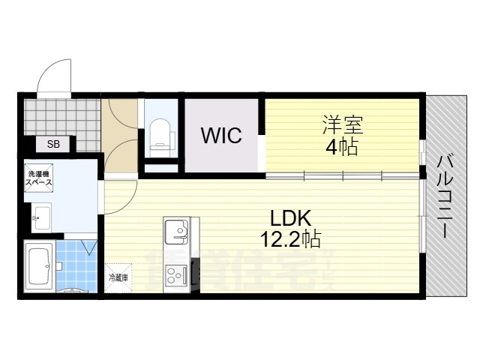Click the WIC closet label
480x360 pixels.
[x=221, y=136]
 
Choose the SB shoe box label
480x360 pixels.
[x=55, y=144]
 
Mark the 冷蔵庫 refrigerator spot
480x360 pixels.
[x=118, y=277]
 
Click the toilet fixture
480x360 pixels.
[x=160, y=133]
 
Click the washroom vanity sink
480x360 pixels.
[x=40, y=217]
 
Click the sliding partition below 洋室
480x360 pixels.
[x=341, y=177]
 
